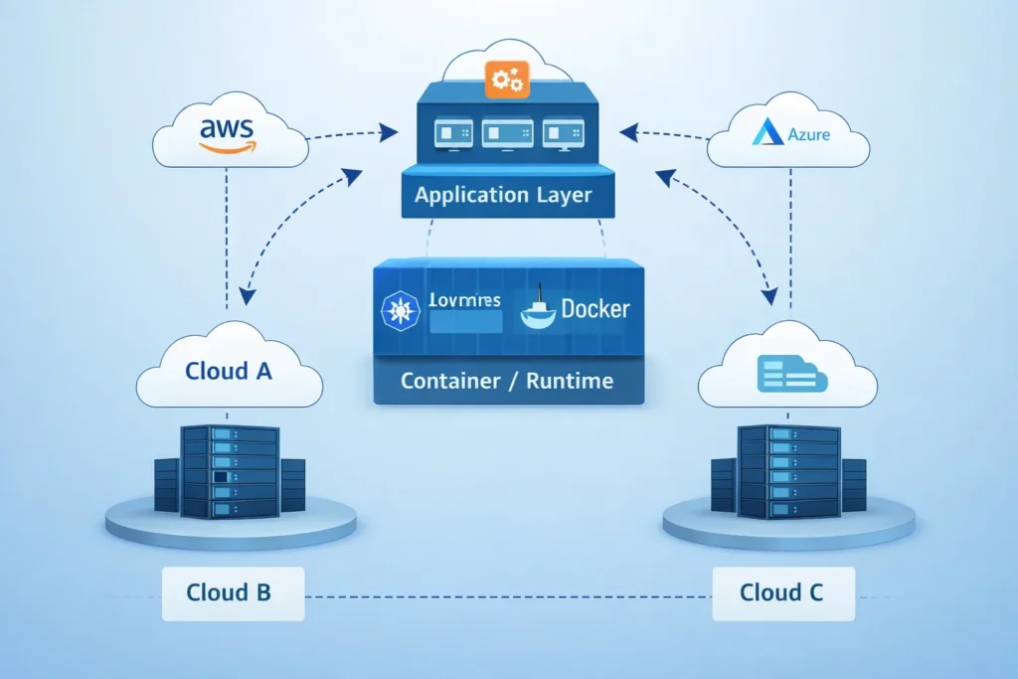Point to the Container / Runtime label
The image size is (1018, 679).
[506, 381]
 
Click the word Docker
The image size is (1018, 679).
[594, 309]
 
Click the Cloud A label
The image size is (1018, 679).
[229, 371]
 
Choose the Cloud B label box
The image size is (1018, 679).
[229, 594]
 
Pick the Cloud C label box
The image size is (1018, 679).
[781, 594]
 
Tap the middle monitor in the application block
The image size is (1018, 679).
[502, 135]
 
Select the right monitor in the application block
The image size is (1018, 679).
[562, 135]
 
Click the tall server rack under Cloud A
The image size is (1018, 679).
[230, 470]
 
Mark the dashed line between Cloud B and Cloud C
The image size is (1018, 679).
[507, 596]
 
